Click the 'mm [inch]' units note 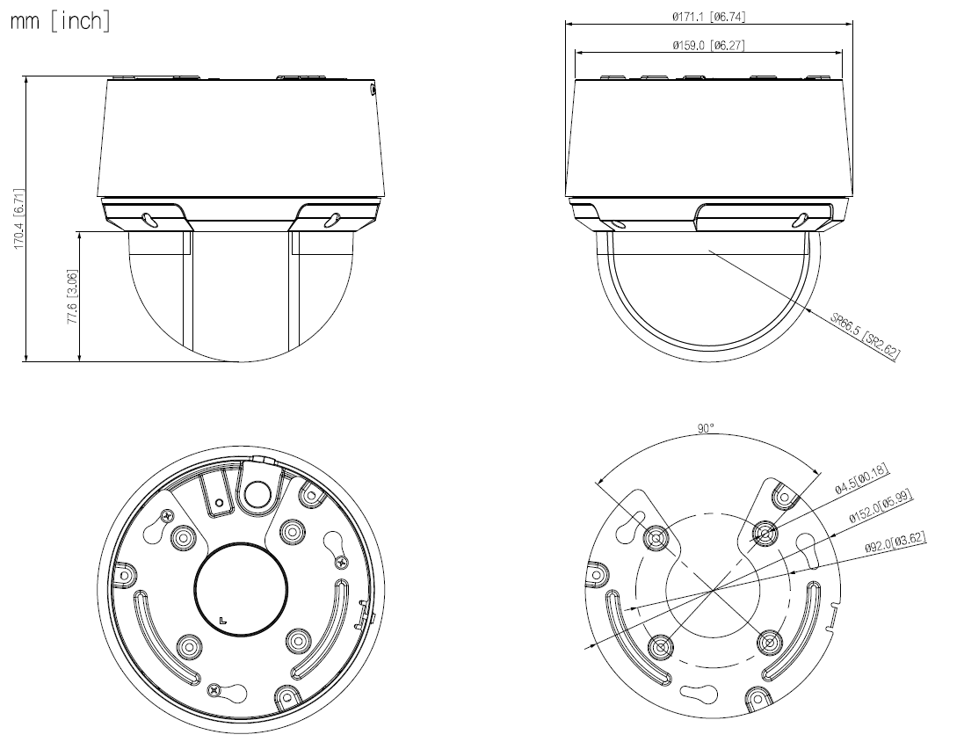[60, 22]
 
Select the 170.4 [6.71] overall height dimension [19, 218]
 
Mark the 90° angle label [706, 428]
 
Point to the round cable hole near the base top [257, 495]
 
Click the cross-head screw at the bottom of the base [214, 692]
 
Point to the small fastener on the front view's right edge [373, 88]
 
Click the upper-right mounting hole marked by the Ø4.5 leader [765, 534]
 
